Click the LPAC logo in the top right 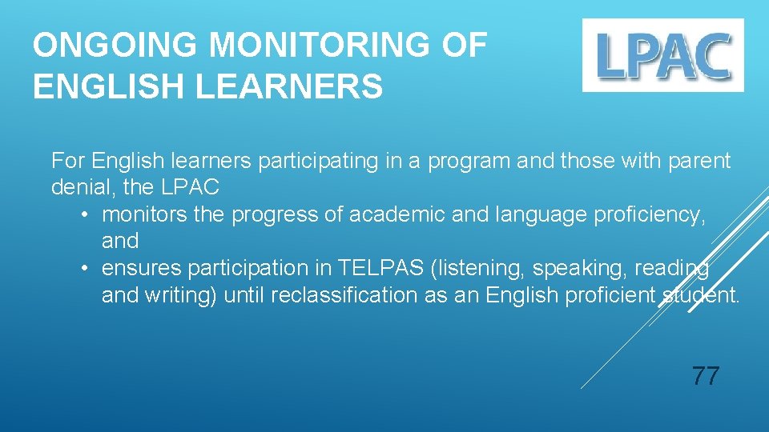pos(662,54)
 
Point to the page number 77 pos(705,375)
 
